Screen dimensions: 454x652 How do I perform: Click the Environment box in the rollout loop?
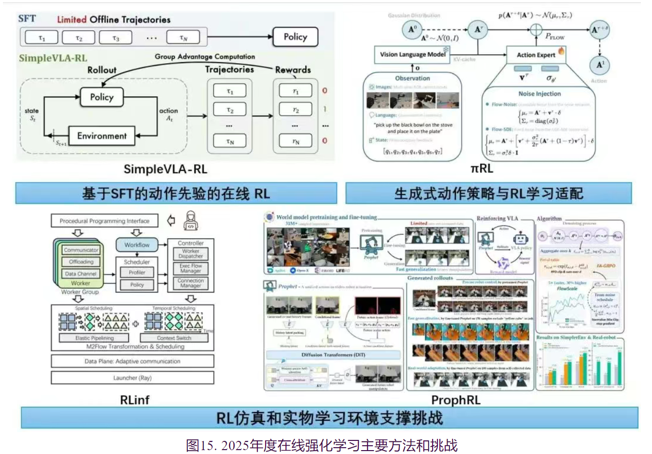point(101,136)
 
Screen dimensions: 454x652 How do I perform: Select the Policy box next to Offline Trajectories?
point(295,37)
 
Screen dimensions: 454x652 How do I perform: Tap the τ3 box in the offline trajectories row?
point(116,37)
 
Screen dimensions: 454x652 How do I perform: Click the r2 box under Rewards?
point(295,109)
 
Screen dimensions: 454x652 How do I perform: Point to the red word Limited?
point(72,19)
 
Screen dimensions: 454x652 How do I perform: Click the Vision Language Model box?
point(412,54)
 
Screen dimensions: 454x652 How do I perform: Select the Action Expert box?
point(536,55)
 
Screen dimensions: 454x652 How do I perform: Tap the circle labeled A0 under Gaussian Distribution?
point(412,30)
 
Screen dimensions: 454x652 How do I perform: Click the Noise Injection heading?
point(539,94)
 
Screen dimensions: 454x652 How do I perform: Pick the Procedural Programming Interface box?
point(104,221)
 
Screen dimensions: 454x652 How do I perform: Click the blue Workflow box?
point(137,244)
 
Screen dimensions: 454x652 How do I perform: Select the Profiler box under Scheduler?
point(137,273)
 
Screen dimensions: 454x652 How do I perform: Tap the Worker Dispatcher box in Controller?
point(190,254)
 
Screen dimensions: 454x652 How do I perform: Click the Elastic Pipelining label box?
point(94,338)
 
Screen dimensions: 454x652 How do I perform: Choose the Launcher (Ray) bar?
point(132,378)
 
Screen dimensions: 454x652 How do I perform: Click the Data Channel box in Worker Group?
point(81,274)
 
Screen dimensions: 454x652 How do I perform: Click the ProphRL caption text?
point(455,400)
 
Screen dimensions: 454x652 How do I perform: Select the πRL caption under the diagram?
point(482,169)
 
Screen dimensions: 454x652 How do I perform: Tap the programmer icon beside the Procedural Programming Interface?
point(191,221)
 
